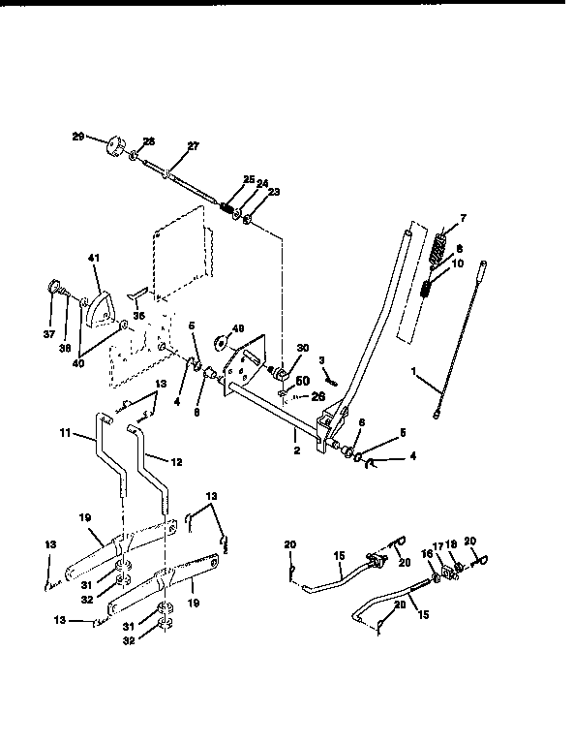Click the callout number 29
click(x=77, y=137)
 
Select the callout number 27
click(x=192, y=146)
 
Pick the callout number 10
click(x=458, y=263)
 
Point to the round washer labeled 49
click(x=221, y=342)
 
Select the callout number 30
click(x=302, y=349)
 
